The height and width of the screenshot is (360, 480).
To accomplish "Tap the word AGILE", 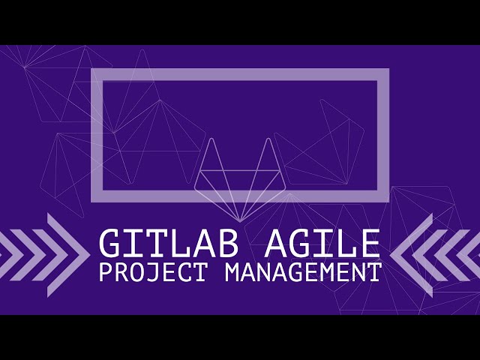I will [322, 244].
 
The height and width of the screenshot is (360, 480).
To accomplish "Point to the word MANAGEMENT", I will [302, 271].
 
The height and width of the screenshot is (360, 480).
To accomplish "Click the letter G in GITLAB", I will [110, 244].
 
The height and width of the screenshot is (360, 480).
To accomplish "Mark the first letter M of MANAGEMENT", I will [232, 271].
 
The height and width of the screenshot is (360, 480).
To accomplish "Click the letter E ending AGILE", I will [369, 244].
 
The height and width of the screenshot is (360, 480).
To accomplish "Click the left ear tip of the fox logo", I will [211, 140].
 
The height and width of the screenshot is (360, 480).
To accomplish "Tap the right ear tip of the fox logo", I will [267, 140].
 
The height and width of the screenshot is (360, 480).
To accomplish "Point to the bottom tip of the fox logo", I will [239, 220].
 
